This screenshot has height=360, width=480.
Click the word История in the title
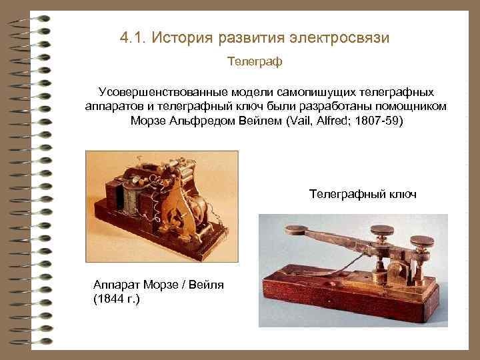(180, 37)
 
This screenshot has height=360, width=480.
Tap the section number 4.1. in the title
(134, 37)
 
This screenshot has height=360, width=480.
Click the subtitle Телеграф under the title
(255, 62)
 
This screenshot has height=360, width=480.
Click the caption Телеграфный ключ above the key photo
(363, 194)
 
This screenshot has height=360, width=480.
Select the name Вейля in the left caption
(204, 285)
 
